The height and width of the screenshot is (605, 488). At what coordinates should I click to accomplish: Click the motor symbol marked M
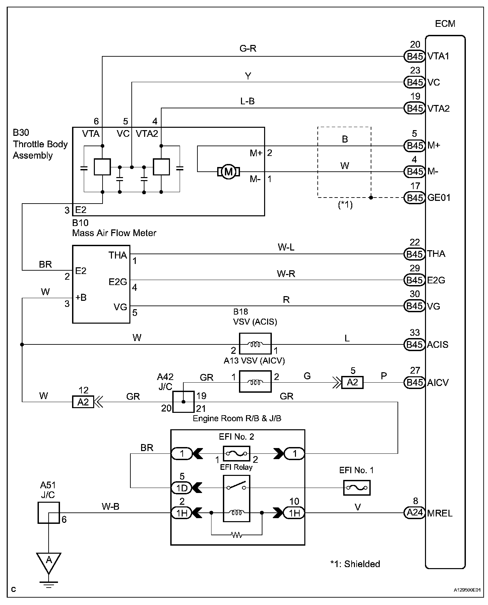pos(229,172)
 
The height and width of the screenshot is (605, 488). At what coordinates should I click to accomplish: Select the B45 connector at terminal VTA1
pos(415,56)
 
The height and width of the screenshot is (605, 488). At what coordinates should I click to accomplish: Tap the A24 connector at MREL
pos(415,513)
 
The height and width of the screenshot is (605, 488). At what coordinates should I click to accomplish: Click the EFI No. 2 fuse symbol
pos(236,454)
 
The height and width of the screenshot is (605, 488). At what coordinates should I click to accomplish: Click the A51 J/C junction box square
pos(49,512)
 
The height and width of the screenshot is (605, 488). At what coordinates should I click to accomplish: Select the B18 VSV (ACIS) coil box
pos(255,344)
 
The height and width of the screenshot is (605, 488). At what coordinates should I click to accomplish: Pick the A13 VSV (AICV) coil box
pos(255,381)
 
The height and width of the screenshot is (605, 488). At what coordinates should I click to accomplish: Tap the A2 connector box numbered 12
pos(83,401)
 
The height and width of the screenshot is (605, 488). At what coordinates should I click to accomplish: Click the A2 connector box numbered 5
pos(352,382)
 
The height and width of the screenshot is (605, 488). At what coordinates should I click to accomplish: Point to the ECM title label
pos(445,24)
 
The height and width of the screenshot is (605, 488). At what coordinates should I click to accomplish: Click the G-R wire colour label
pos(248,49)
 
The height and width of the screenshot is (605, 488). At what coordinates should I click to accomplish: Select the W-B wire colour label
pos(111,506)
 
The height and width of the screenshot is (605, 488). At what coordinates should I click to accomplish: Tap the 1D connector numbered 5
pos(182,488)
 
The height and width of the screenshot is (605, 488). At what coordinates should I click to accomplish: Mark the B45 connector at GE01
pos(415,198)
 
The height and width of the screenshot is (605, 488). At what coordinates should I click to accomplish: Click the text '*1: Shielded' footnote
pos(355,564)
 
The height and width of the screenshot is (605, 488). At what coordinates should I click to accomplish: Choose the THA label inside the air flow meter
pos(118,256)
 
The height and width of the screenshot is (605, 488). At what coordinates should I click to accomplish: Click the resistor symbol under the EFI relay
pos(237,535)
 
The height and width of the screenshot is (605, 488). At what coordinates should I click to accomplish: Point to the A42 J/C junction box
pos(183,402)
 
